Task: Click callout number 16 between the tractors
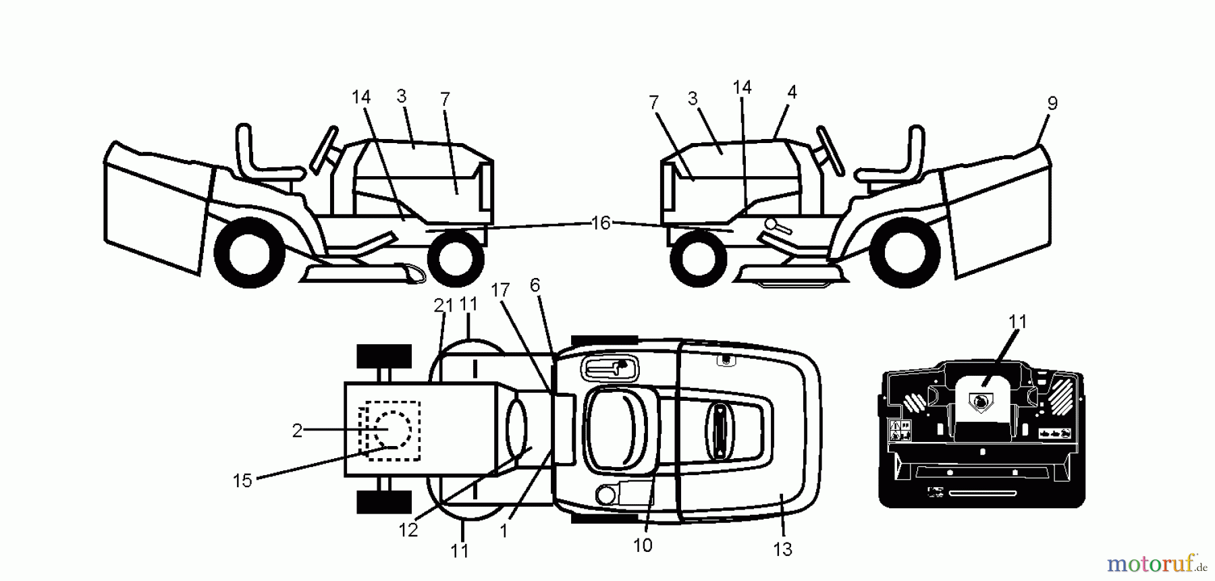click(x=600, y=223)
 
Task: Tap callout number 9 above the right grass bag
click(x=1052, y=103)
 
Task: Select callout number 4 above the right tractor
click(x=792, y=92)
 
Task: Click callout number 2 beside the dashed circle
click(x=297, y=431)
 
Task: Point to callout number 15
click(x=242, y=480)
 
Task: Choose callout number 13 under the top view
click(x=782, y=550)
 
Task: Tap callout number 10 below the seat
click(x=643, y=545)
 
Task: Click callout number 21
click(x=443, y=306)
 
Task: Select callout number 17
click(x=500, y=290)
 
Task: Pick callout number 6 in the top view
click(x=535, y=285)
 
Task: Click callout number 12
click(x=408, y=530)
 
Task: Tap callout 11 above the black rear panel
click(x=1017, y=322)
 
